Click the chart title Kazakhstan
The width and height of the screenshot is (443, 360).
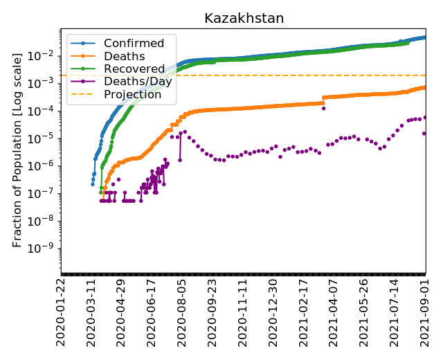244,19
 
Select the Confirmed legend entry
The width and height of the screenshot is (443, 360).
134,44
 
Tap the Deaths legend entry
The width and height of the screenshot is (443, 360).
124,56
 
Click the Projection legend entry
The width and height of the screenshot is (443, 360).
132,95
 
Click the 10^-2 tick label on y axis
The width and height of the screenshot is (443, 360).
46,55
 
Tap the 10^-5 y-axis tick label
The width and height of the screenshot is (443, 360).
46,138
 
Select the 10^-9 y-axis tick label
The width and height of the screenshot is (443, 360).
46,249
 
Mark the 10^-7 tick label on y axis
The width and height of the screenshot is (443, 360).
46,193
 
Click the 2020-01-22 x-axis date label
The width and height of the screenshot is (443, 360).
62,312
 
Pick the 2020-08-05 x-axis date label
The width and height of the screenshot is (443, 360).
183,312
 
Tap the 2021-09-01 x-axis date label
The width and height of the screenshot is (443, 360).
425,312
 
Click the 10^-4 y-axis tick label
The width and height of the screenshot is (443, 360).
46,111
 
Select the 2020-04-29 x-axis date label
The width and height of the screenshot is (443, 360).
122,312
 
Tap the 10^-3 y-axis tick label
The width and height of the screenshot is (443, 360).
46,83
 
